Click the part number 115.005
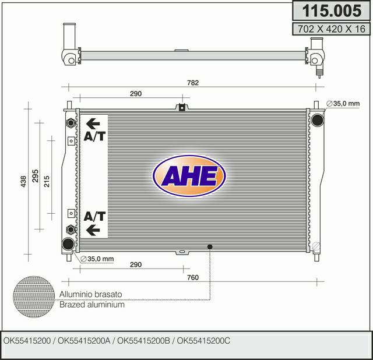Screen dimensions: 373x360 click(x=332, y=10)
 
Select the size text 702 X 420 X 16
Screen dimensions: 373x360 click(x=332, y=29)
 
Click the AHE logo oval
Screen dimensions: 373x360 click(x=189, y=176)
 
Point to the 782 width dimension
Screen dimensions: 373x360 click(x=193, y=83)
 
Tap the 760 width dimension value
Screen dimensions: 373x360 click(x=193, y=277)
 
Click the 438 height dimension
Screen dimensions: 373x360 click(x=23, y=181)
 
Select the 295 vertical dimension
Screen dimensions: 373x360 click(x=35, y=176)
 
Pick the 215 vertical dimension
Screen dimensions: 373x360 click(x=47, y=181)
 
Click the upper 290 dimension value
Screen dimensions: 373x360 click(x=136, y=93)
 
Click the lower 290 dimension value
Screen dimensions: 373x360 click(x=136, y=264)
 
